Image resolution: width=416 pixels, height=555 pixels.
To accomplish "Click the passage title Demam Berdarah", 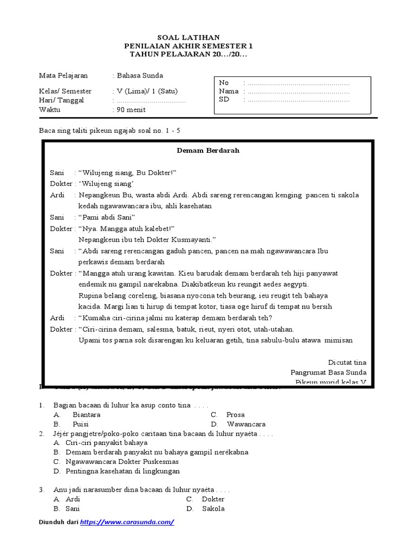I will (x=207, y=150).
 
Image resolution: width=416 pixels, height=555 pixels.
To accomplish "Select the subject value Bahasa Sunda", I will (x=140, y=75).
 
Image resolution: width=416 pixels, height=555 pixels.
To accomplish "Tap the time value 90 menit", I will (x=131, y=109).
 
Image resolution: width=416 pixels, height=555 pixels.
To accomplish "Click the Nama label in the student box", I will (x=228, y=92).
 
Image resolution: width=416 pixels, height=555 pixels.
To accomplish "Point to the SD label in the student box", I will (x=224, y=100).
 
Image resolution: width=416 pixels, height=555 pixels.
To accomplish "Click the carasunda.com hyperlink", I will (x=127, y=522).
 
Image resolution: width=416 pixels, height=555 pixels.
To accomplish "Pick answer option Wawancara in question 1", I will (x=246, y=424).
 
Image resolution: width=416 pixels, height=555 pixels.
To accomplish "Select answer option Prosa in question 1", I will (x=236, y=415).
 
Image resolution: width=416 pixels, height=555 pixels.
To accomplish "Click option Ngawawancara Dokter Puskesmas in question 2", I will (x=122, y=462).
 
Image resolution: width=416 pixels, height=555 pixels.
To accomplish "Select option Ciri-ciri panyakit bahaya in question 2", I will (x=106, y=443).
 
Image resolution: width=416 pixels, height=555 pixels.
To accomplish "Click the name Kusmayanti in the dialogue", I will (x=194, y=239).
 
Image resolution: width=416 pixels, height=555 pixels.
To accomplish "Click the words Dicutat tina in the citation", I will (x=347, y=362).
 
